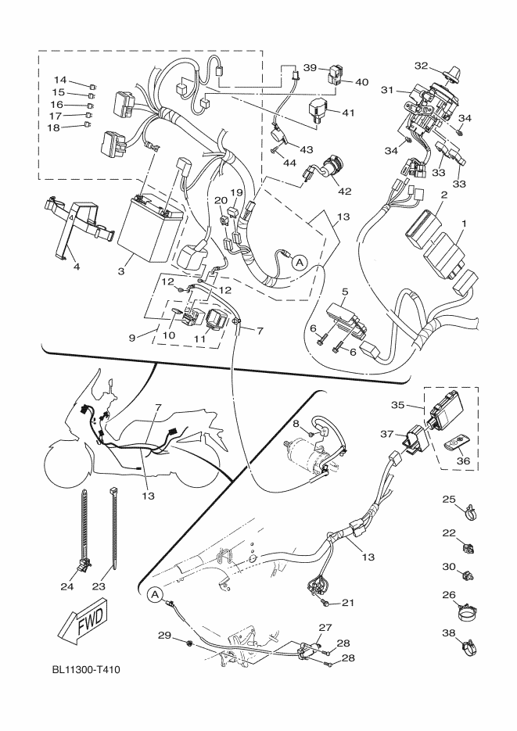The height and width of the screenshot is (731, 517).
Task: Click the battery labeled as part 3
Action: click(x=149, y=228)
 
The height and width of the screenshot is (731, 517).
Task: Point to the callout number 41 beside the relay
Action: click(x=349, y=113)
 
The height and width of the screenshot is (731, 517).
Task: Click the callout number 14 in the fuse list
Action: click(x=60, y=81)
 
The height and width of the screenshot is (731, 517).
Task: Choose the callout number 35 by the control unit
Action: click(x=397, y=405)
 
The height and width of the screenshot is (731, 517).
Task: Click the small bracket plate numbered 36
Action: click(x=453, y=446)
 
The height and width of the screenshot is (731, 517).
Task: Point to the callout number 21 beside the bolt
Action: click(x=347, y=602)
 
